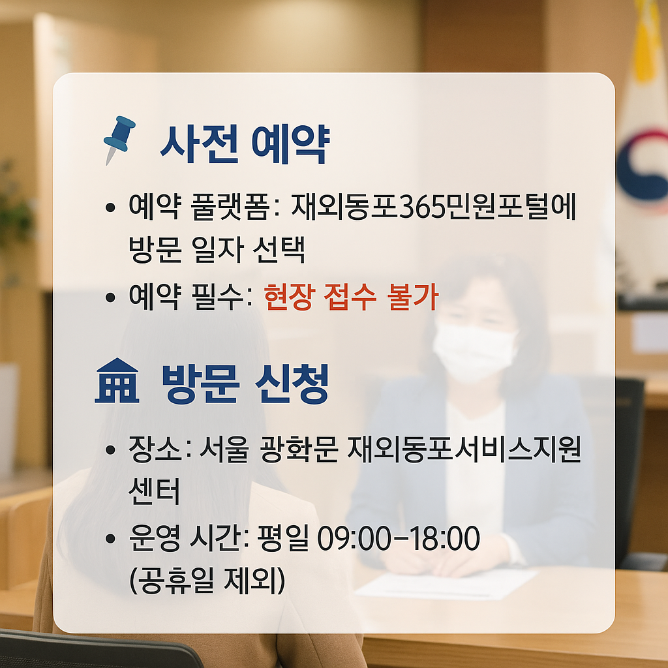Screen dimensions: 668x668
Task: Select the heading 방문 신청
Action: [x=245, y=384]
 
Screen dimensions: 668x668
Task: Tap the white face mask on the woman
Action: [x=474, y=352]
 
